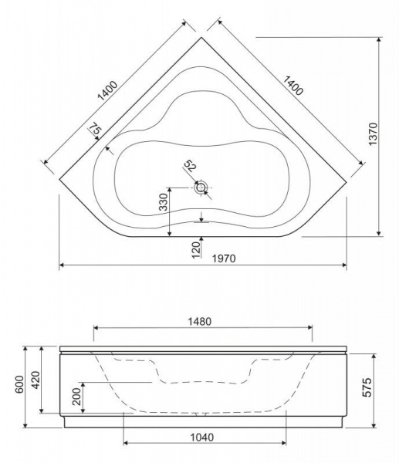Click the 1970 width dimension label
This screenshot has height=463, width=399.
(x=224, y=259)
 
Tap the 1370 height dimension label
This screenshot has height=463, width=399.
(x=373, y=133)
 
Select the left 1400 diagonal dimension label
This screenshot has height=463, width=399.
(x=107, y=90)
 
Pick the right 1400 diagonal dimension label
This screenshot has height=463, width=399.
(x=293, y=86)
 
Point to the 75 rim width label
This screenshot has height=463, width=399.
(x=95, y=131)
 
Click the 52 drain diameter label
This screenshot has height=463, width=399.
(x=190, y=166)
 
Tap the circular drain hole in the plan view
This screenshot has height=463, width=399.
(x=201, y=188)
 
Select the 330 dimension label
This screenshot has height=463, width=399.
(x=163, y=201)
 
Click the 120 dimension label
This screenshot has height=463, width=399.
(x=196, y=250)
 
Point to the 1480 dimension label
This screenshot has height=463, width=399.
(x=200, y=321)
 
